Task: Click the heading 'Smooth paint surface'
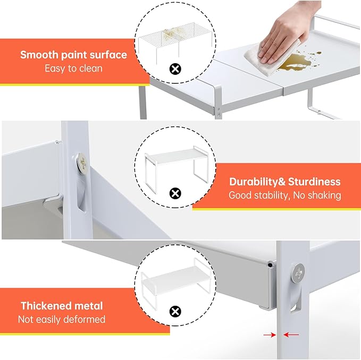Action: pyautogui.click(x=73, y=55)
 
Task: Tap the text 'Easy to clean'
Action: pyautogui.click(x=73, y=68)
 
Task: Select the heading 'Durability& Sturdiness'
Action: pyautogui.click(x=284, y=182)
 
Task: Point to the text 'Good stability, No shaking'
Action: pyautogui.click(x=284, y=195)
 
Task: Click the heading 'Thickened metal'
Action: pyautogui.click(x=62, y=306)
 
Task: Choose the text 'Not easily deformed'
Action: pyautogui.click(x=62, y=319)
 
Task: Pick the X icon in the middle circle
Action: pyautogui.click(x=174, y=193)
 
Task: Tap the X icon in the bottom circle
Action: pyautogui.click(x=174, y=311)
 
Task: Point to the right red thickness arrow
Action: pyautogui.click(x=291, y=335)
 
